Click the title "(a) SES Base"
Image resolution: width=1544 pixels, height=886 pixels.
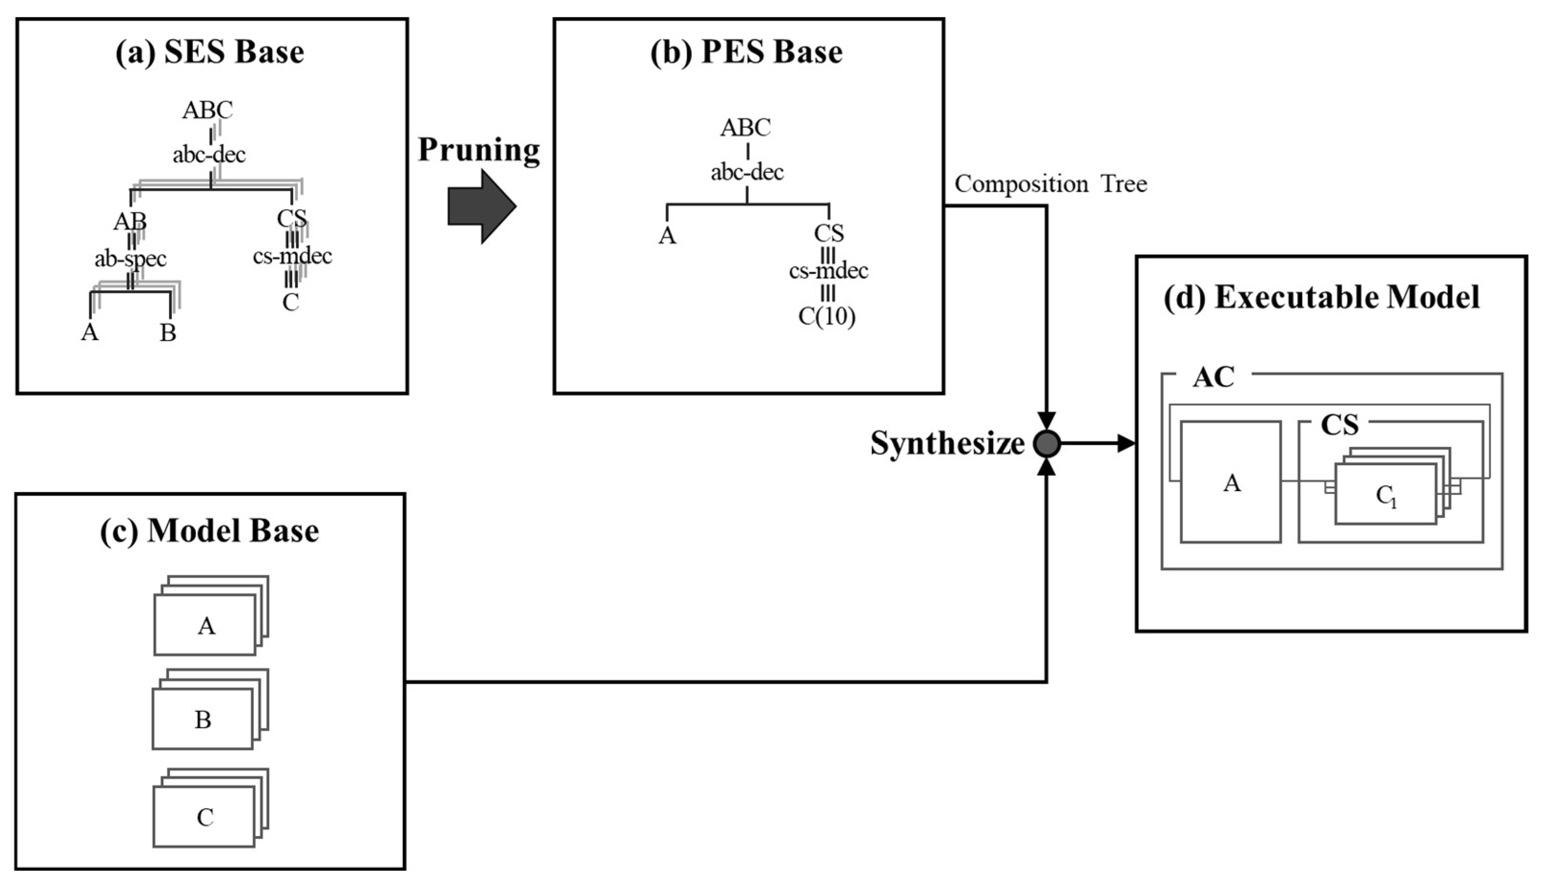pyautogui.click(x=209, y=52)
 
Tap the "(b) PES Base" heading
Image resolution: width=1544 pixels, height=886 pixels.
pyautogui.click(x=746, y=52)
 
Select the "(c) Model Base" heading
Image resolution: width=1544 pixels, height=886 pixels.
pyautogui.click(x=209, y=531)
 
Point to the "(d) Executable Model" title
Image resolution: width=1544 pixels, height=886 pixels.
pyautogui.click(x=1322, y=298)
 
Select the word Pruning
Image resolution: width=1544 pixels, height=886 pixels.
pyautogui.click(x=478, y=149)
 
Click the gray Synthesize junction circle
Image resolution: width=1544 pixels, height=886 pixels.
pyautogui.click(x=1047, y=443)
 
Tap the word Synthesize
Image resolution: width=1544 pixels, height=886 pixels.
pyautogui.click(x=947, y=443)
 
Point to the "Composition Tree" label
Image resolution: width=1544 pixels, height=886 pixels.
pyautogui.click(x=1050, y=184)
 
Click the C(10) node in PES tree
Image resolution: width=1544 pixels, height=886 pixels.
pyautogui.click(x=827, y=316)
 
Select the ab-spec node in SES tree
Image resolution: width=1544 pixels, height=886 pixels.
pyautogui.click(x=130, y=259)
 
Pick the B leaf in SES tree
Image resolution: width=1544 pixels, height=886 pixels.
pyautogui.click(x=168, y=333)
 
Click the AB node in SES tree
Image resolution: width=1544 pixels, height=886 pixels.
pyautogui.click(x=129, y=221)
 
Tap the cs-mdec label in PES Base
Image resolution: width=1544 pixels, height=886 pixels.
pyautogui.click(x=828, y=270)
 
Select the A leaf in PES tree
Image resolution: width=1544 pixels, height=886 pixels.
pyautogui.click(x=667, y=235)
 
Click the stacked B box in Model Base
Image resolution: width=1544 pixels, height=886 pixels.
pyautogui.click(x=203, y=719)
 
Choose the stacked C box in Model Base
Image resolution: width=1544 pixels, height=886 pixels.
pyautogui.click(x=205, y=816)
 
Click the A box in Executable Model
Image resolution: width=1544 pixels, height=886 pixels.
pyautogui.click(x=1231, y=482)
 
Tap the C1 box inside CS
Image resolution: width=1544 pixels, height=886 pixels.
pyautogui.click(x=1385, y=494)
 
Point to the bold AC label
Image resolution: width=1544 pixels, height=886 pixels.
pyautogui.click(x=1213, y=377)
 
